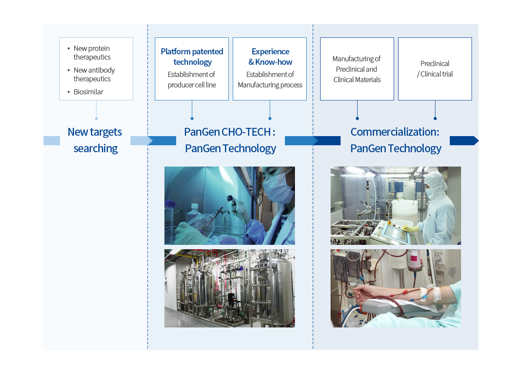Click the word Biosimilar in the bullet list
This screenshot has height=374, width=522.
coord(88,92)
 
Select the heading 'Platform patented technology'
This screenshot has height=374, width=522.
coord(192,57)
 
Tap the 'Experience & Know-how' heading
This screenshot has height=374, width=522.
coord(270,57)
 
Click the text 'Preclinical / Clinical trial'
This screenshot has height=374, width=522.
coord(435,69)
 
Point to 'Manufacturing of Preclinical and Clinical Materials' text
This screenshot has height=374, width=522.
coord(357,69)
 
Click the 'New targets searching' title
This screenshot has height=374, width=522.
coord(95,140)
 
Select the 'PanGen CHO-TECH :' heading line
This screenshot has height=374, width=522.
coord(230,132)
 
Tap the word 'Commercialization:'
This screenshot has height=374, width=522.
coord(395,132)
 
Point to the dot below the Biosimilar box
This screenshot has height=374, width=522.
coord(96,118)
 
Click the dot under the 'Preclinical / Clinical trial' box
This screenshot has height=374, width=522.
coord(435,118)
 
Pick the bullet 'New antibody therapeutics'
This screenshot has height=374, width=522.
coord(94,74)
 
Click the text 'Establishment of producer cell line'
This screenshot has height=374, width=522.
coord(192,80)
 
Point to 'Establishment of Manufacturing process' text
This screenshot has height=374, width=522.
coord(270,80)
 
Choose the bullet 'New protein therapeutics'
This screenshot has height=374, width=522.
coord(92,53)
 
